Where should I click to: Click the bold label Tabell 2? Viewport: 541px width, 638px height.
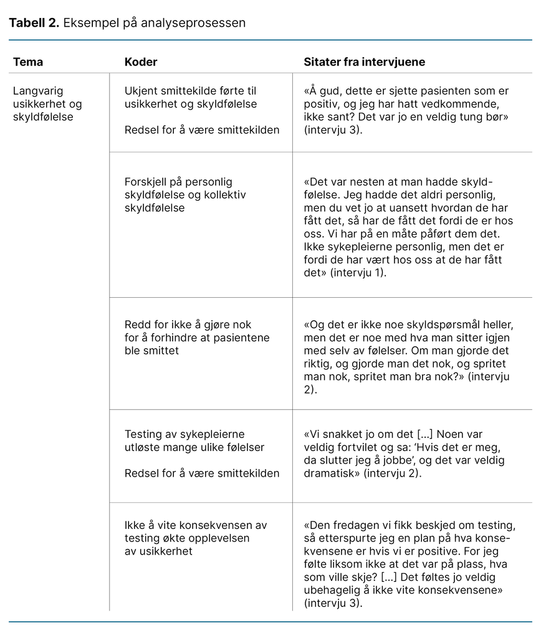34,23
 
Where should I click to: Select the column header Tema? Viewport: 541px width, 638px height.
28,62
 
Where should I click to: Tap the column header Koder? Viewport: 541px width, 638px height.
141,62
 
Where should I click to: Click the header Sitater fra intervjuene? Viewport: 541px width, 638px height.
365,62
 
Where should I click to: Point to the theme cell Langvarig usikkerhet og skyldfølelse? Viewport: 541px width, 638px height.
47,103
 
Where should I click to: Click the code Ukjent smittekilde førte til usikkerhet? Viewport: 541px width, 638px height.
191,97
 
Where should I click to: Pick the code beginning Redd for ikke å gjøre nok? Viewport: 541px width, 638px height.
197,337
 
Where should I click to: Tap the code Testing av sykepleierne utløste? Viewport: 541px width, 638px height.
194,440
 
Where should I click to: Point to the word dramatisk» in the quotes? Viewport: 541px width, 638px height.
329,474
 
